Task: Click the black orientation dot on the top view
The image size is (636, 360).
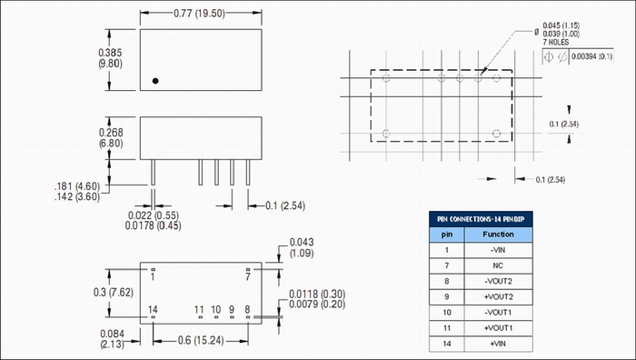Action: click(x=155, y=81)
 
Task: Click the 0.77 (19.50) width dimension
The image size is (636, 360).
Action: click(x=199, y=13)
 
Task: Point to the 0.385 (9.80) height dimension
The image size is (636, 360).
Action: click(x=110, y=58)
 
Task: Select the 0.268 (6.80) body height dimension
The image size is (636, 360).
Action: click(x=111, y=137)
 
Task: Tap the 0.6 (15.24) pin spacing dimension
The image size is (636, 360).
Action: click(x=201, y=340)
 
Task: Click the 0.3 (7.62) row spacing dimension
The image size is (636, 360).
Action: click(x=114, y=292)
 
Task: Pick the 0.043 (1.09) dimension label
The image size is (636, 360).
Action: click(x=302, y=247)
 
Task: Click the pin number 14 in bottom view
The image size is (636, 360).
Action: click(x=153, y=309)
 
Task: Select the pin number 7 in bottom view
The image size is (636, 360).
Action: click(x=248, y=276)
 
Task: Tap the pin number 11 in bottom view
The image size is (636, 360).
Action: click(x=199, y=309)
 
